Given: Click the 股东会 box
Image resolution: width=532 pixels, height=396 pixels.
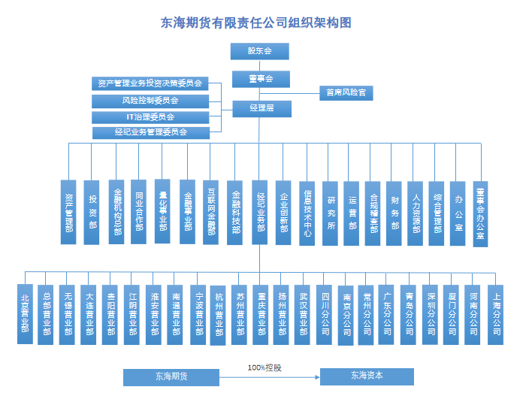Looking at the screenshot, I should [x=259, y=51].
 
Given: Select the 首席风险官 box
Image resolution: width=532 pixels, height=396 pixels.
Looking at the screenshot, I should [x=346, y=93].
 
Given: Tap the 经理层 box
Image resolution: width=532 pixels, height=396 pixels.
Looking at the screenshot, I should [x=259, y=108].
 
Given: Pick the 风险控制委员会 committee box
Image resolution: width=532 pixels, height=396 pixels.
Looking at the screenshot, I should [x=150, y=100].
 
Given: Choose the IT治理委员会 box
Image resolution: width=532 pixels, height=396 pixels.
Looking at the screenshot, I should [x=150, y=116].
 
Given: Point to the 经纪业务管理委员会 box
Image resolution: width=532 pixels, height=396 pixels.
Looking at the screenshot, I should [x=150, y=132].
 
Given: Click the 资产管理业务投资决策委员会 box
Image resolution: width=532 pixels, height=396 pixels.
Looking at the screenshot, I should [x=150, y=83].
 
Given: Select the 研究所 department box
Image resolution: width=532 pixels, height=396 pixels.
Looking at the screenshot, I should [x=331, y=212].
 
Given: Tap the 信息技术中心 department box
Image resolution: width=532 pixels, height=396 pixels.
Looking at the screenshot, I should [x=307, y=212].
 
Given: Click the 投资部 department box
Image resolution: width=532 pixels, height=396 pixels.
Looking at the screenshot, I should [x=92, y=212].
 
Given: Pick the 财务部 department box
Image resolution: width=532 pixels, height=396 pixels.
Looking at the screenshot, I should [x=395, y=212].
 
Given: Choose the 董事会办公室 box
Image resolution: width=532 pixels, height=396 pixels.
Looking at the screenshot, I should [x=481, y=212].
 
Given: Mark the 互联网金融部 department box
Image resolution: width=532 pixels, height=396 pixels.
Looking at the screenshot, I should [x=212, y=212].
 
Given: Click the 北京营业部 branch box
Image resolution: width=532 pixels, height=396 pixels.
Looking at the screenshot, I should [x=26, y=313].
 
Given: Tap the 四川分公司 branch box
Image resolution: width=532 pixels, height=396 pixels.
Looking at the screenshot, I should [x=325, y=313].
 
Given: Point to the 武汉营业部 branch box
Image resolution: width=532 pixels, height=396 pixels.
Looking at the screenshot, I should [x=303, y=313].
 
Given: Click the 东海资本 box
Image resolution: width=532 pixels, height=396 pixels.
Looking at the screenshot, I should [x=367, y=376].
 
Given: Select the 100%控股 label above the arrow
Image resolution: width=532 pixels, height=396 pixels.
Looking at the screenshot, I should [x=269, y=367].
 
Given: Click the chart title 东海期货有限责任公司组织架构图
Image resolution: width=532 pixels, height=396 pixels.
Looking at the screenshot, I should [x=256, y=23].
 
